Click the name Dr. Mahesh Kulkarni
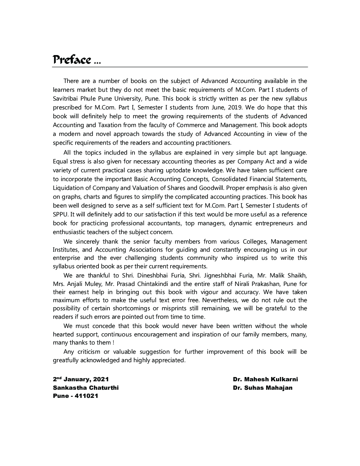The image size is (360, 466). [265, 379]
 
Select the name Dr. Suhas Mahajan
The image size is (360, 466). [263, 388]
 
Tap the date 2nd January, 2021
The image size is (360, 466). [81, 379]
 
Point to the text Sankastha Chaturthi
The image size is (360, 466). [86, 388]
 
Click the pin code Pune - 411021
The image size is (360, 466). [76, 396]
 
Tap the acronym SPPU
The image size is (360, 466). [60, 214]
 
